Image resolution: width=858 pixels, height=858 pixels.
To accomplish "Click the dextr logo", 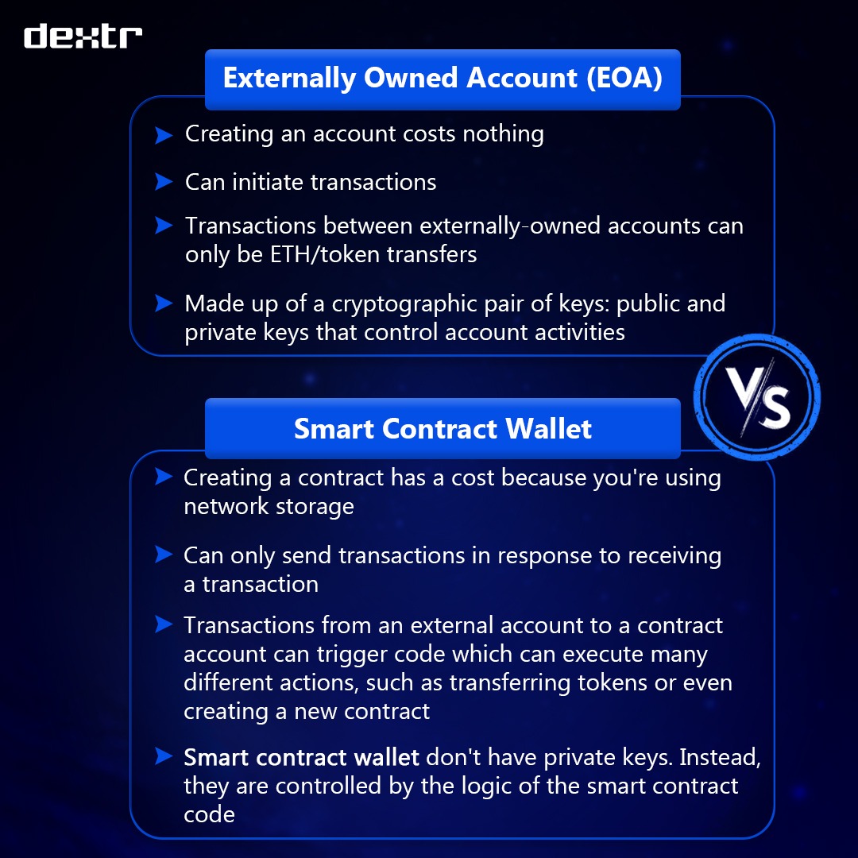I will [x=83, y=37].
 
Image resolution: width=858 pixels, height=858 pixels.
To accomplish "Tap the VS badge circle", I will [x=756, y=397].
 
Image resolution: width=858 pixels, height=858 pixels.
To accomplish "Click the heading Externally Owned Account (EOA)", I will [x=443, y=79].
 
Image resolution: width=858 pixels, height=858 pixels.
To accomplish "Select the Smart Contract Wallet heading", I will [x=443, y=429].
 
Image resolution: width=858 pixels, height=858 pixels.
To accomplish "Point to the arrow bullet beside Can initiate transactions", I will [x=164, y=182].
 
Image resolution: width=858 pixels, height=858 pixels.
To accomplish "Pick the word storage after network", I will [x=315, y=506].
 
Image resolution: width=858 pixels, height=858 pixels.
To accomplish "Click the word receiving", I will [x=674, y=555].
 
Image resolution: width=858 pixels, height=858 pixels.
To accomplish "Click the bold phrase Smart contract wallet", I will [x=301, y=757].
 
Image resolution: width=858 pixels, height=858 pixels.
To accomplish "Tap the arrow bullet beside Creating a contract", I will [x=164, y=477].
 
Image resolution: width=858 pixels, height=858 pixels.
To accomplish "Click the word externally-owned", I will [x=511, y=226].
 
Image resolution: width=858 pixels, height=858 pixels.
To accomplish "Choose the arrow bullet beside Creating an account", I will [x=164, y=134].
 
